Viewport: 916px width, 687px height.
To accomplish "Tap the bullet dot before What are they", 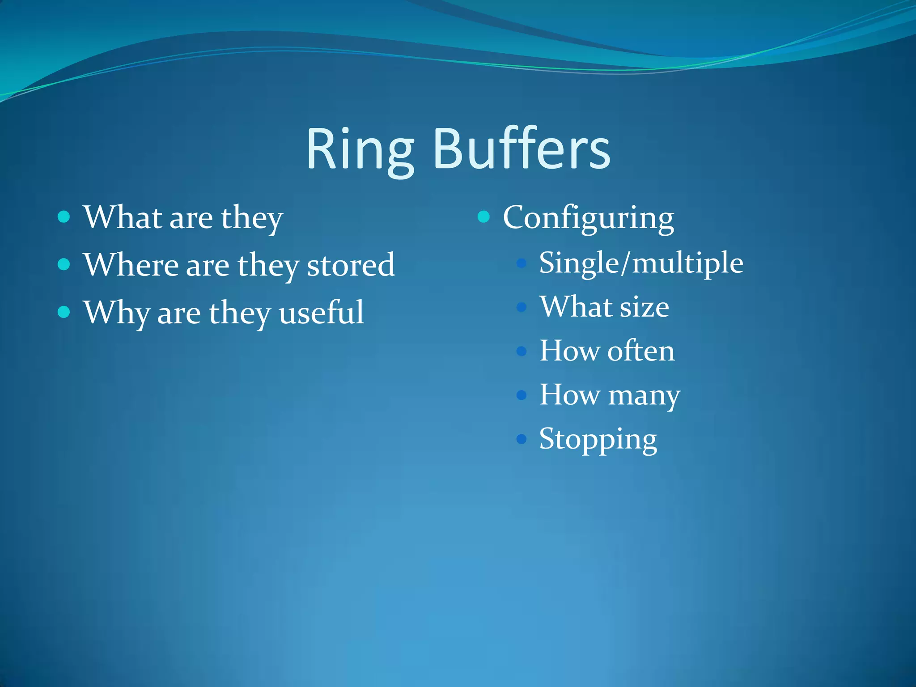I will point(64,217).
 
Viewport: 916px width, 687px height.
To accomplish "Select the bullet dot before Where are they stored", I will point(64,264).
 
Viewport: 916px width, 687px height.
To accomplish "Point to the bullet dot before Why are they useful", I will point(64,312).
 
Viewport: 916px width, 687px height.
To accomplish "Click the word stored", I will point(351,265).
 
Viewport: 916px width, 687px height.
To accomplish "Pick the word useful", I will point(321,312).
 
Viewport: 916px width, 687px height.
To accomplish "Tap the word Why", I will point(117,313).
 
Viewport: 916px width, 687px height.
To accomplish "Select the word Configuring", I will point(588,218).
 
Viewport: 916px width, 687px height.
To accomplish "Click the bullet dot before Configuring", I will point(483,217).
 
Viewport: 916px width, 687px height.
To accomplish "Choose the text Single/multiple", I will point(641,263).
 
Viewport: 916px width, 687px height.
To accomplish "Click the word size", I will point(645,307).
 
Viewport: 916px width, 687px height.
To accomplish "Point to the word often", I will point(641,351).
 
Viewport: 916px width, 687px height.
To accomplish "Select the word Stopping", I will point(598,439).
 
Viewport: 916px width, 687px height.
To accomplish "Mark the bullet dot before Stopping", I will point(521,439).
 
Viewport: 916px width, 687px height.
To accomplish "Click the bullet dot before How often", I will point(521,351).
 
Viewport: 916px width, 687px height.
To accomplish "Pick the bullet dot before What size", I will point(521,307).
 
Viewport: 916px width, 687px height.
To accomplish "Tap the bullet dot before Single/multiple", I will point(521,263).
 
